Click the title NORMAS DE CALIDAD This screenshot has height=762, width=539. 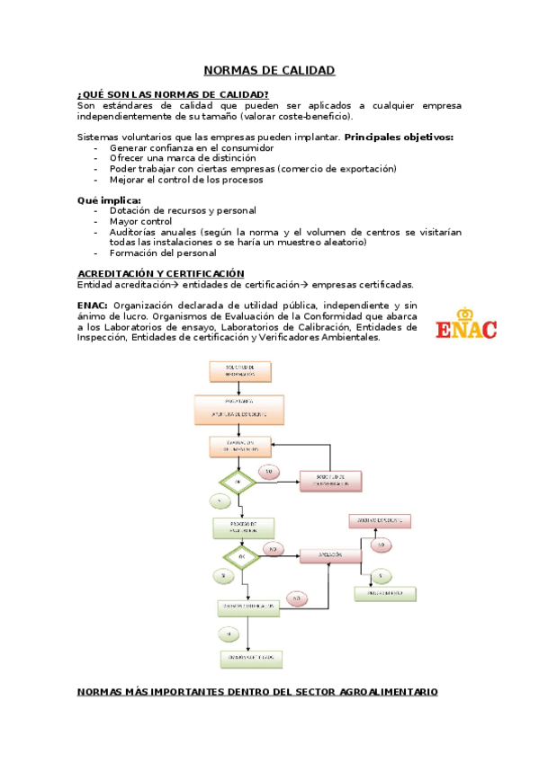coord(269,70)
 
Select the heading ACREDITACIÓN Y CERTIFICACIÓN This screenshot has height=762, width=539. coord(160,273)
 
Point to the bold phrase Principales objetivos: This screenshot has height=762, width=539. coord(399,137)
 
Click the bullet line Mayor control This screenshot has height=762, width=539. coord(140,221)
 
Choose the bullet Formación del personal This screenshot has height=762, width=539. coord(163,253)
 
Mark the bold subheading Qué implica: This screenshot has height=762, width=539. coord(109,200)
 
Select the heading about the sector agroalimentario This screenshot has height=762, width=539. coord(257,692)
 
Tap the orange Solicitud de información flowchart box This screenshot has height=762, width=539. coord(239,369)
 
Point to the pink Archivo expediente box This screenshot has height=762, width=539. coord(379,520)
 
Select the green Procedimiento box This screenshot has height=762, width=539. coord(385,594)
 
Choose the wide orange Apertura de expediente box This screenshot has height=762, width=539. coord(238,410)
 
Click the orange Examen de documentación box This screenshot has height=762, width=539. coord(239,446)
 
